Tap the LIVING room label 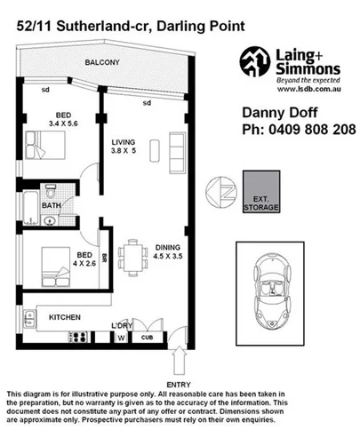[124, 142]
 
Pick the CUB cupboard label [150, 338]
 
